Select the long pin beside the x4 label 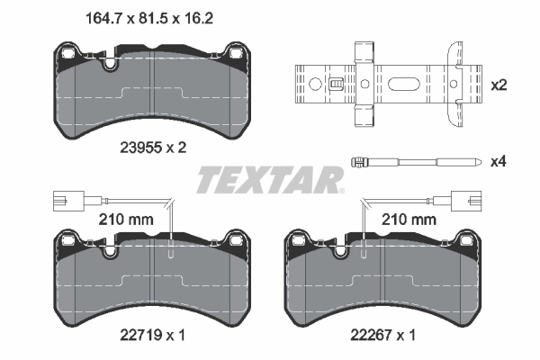(413, 163)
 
